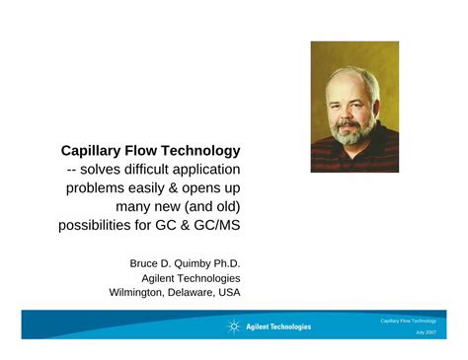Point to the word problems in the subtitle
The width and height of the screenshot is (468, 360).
100,188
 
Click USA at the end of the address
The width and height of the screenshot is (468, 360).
228,293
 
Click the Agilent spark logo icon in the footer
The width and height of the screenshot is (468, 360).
234,326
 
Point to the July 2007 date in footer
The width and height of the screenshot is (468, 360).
426,333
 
